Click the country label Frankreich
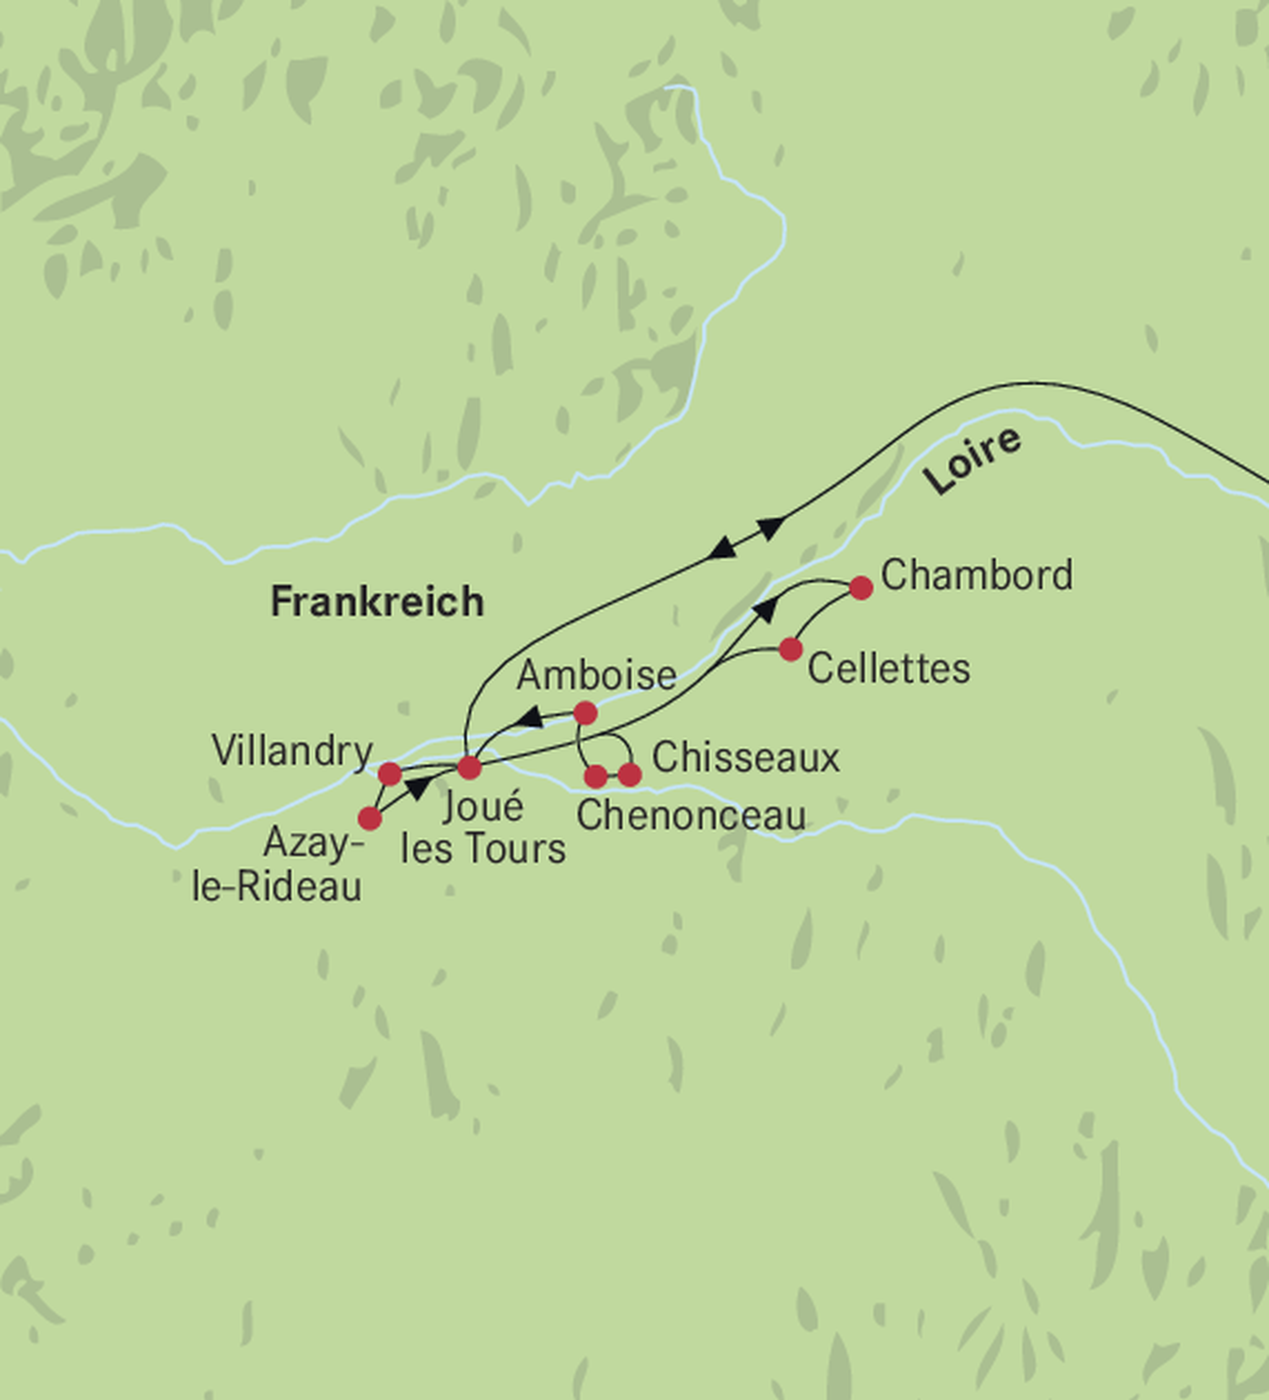[377, 601]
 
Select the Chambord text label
[976, 576]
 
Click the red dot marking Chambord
[861, 588]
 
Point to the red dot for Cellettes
[791, 649]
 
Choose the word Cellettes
[889, 669]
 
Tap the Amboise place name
[596, 675]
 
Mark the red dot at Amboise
[585, 713]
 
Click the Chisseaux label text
[745, 757]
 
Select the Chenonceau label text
[691, 816]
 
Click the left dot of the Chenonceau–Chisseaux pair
[595, 777]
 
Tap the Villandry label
[292, 751]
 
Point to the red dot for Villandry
[390, 773]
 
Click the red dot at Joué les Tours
[469, 767]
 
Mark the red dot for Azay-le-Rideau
[370, 819]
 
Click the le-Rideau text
[277, 887]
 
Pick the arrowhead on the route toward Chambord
[765, 610]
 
